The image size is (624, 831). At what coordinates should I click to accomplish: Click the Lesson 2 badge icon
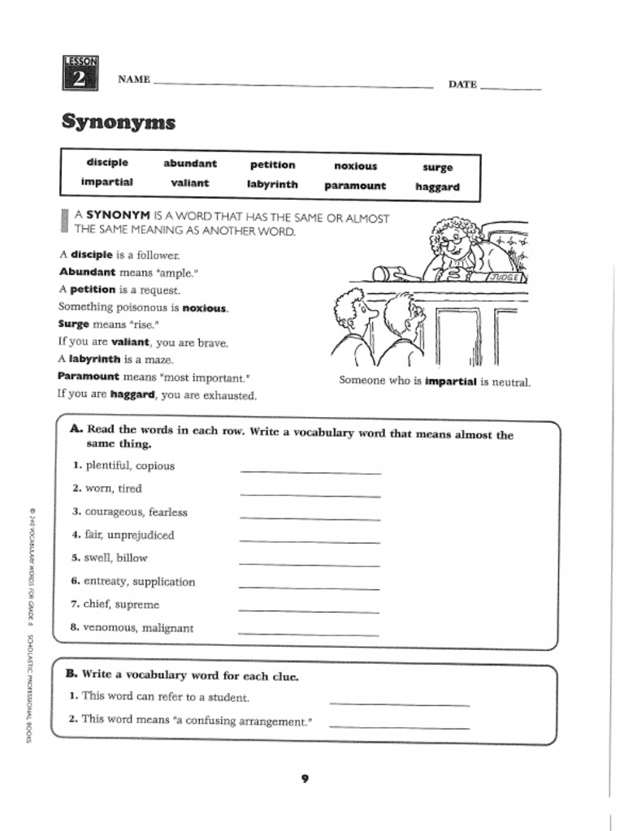(80, 73)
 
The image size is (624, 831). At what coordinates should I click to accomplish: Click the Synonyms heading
(119, 123)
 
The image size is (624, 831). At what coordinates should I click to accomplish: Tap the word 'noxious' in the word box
(356, 166)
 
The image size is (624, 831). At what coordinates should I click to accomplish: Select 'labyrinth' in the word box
(272, 184)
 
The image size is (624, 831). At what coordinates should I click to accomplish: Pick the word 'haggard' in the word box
(437, 187)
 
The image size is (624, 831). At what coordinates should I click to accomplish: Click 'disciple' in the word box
(107, 163)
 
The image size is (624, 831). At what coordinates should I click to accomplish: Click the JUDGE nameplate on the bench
(505, 278)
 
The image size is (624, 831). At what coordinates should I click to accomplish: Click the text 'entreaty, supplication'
(139, 582)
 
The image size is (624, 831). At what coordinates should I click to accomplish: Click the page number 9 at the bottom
(305, 779)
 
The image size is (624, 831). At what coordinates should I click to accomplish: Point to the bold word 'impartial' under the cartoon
(450, 381)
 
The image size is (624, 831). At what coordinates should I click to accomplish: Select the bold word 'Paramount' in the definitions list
(89, 377)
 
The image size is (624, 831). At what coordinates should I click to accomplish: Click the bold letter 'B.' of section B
(71, 674)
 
